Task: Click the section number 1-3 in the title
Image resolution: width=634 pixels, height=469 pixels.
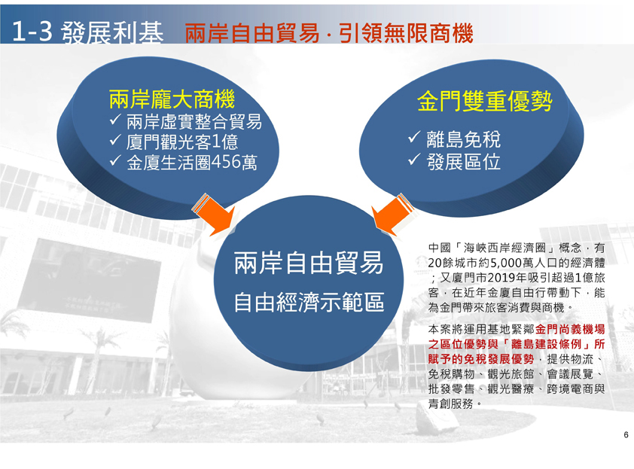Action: (32, 32)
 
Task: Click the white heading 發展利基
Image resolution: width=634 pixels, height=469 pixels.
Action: (112, 32)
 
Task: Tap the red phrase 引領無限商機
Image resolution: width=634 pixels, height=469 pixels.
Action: (406, 33)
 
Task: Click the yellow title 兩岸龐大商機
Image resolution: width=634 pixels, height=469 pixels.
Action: (172, 99)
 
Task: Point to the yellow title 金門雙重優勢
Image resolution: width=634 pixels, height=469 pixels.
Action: (484, 101)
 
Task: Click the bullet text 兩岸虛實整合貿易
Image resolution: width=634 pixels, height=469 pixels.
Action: (194, 122)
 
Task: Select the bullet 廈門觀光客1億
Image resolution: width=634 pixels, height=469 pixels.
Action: (182, 142)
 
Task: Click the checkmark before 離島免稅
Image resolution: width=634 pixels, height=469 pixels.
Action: (414, 138)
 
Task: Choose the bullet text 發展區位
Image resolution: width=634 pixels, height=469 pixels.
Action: (464, 162)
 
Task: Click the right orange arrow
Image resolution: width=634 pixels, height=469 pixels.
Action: (392, 215)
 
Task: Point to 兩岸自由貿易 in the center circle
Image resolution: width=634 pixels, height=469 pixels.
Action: (309, 263)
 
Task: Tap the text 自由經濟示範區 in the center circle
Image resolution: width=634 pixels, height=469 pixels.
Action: (309, 302)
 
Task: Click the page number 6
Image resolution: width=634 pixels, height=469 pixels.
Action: (626, 435)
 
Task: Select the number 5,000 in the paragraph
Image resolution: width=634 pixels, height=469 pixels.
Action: (505, 263)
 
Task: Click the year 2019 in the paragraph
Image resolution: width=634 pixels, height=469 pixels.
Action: (499, 278)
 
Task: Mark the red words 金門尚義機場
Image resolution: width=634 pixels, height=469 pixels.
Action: (570, 330)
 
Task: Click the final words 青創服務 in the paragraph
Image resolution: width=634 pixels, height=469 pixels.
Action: (450, 404)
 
